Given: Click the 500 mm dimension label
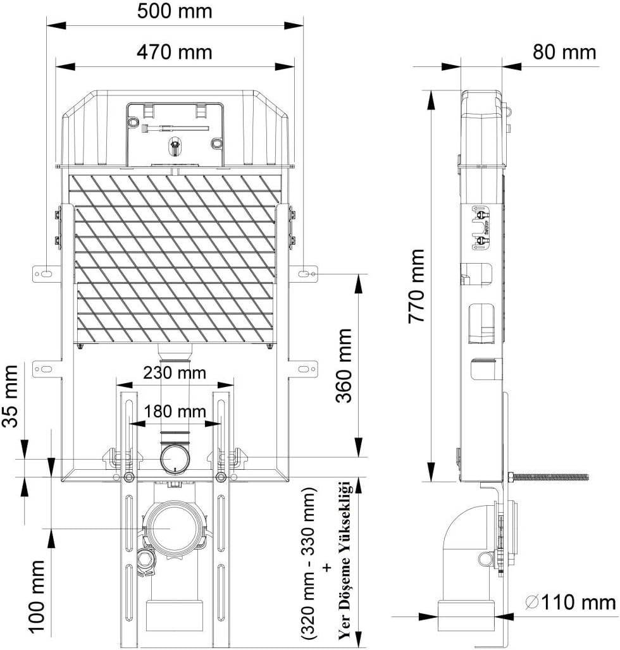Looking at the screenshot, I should click(x=175, y=11).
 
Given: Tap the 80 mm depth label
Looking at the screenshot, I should click(x=564, y=51).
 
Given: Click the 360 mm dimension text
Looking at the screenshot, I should click(x=344, y=365).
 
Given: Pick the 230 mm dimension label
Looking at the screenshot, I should click(x=174, y=373).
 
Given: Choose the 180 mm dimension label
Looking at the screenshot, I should click(x=174, y=411).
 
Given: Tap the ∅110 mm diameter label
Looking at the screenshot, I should click(x=570, y=602).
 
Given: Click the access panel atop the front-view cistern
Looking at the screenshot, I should click(x=175, y=133).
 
